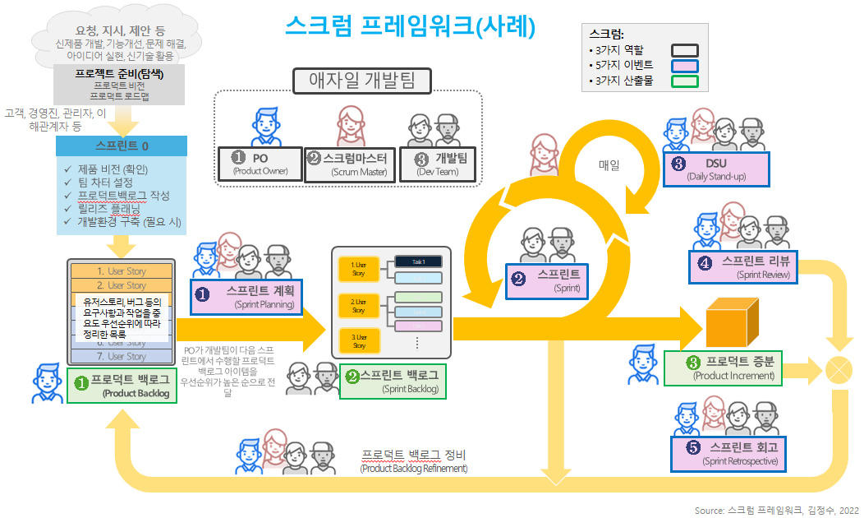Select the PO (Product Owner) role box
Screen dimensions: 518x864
coord(259,164)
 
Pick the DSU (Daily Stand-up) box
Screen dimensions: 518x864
coord(716,169)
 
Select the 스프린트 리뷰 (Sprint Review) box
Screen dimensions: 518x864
coord(743,268)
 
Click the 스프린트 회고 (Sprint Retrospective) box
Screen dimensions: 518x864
coord(728,453)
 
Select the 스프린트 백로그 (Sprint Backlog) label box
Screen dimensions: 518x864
coord(393,382)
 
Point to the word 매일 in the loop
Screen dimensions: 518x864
coord(609,164)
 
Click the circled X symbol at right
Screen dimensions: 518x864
coord(839,367)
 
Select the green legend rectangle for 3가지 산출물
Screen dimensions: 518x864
coord(684,81)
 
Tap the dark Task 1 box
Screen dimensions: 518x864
coord(419,261)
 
